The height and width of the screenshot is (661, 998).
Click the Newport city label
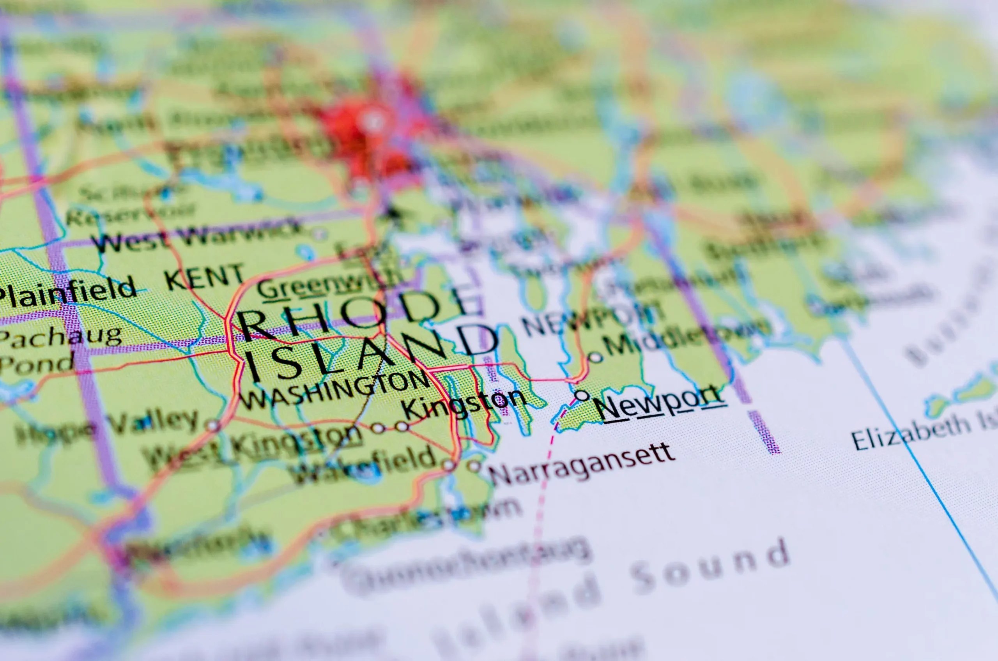660,403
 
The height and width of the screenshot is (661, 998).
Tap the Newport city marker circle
582,396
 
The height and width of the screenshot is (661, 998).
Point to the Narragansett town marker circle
474,466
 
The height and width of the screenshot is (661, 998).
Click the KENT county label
205,276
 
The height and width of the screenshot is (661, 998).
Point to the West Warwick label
198,236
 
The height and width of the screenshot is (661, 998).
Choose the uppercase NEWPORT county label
590,318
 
